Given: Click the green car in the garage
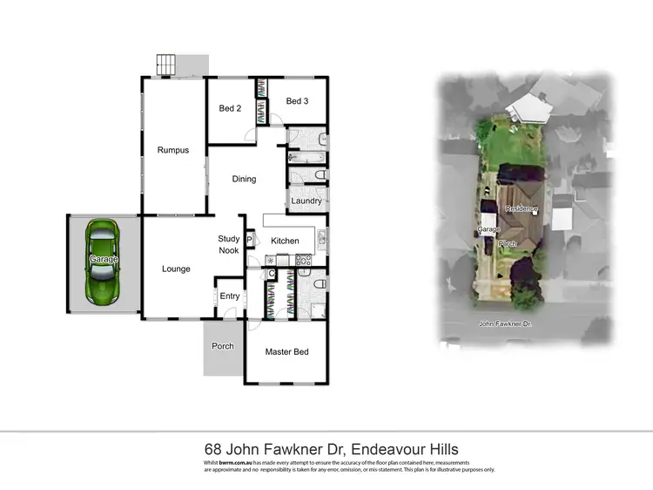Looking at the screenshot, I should tap(104, 260).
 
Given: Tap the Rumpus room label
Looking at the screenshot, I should tap(173, 150).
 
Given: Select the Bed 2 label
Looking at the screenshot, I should tap(230, 109).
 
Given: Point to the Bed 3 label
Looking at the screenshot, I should tap(297, 101).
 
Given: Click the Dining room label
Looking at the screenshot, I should tap(244, 180).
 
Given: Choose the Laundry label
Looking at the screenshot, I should tap(306, 201).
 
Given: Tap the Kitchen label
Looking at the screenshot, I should tap(285, 241).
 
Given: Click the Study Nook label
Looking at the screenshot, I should tap(229, 244).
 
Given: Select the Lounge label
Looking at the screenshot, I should tap(176, 269).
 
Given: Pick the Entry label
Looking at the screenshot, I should tap(230, 296).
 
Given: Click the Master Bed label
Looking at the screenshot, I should tap(287, 352).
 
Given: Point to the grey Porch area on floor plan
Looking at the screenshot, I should tap(222, 347).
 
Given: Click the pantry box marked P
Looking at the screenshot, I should tap(249, 242).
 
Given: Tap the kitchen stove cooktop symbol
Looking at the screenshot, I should tap(304, 260).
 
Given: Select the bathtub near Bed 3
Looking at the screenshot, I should tap(306, 158).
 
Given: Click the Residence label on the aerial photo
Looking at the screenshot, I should tap(522, 209).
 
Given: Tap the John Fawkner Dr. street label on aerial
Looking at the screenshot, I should tap(504, 323).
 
